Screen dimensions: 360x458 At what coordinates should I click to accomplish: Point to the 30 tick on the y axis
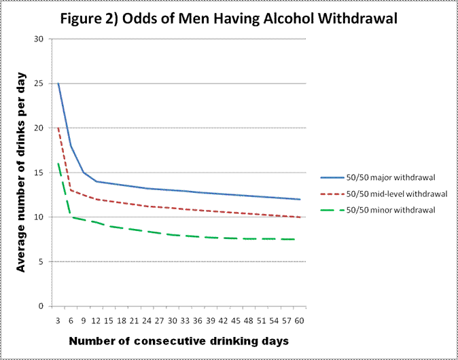(38, 39)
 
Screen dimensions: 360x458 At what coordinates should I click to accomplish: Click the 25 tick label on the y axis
(38, 84)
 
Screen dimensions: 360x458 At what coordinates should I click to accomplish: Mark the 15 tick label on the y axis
(38, 173)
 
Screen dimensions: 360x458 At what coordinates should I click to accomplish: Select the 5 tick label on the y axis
(40, 262)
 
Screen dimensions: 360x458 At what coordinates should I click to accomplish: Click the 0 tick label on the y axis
(40, 306)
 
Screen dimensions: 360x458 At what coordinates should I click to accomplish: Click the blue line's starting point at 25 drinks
(58, 84)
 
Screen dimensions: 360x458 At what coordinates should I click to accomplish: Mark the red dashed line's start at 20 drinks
(58, 128)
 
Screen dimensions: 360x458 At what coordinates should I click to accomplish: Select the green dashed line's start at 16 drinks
(58, 164)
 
